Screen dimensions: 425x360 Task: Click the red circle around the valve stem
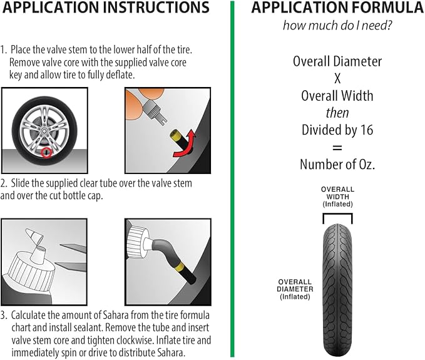(43, 153)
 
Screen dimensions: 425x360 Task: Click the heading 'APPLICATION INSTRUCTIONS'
(106, 8)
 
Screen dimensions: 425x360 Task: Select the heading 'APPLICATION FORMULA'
(337, 8)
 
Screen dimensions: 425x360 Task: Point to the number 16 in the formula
(367, 130)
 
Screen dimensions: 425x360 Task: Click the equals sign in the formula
(337, 148)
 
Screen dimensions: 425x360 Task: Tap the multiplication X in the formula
(337, 79)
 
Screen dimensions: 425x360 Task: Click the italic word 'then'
(337, 113)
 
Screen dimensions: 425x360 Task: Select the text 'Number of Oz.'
(337, 164)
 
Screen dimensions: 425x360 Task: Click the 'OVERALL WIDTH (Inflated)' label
(338, 197)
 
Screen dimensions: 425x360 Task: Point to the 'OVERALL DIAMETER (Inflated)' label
(295, 289)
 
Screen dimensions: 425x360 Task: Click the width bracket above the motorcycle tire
(338, 214)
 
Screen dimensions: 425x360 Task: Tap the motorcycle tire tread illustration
(338, 290)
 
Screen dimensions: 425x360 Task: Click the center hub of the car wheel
(44, 131)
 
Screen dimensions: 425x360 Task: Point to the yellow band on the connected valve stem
(178, 267)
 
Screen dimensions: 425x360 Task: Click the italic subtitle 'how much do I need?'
(337, 26)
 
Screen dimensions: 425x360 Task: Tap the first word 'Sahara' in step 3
(116, 316)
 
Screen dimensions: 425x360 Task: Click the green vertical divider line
(232, 179)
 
